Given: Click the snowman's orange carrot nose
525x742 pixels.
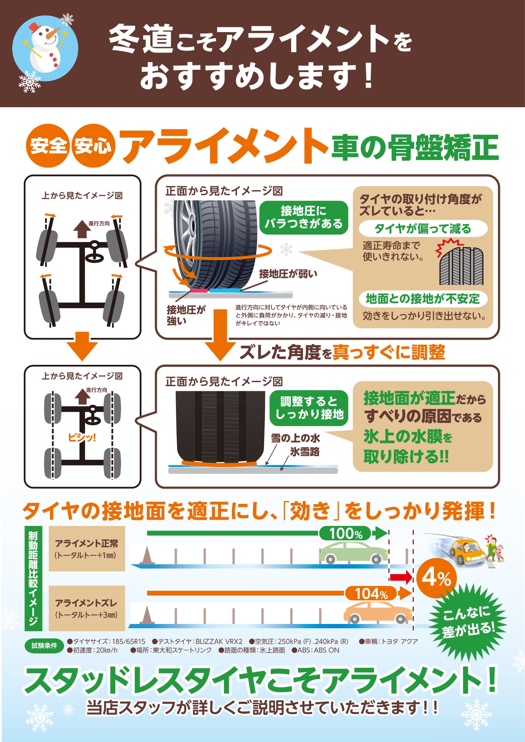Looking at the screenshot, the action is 53,33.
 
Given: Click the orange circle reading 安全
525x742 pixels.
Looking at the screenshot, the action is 48,145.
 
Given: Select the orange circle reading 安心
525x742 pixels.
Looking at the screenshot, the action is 93,145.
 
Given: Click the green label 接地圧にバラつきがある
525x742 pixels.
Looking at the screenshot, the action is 304,217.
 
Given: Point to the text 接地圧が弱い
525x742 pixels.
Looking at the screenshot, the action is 288,274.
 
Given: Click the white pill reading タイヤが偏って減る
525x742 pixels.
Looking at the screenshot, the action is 423,229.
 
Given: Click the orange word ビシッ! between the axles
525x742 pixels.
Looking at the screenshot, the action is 82,437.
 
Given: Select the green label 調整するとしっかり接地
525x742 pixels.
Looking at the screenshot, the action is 309,408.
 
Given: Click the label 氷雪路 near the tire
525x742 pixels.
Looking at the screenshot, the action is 305,451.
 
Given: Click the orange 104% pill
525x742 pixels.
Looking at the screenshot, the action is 371,593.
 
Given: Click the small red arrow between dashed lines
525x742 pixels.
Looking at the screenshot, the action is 401,577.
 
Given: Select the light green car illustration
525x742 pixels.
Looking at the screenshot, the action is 353,553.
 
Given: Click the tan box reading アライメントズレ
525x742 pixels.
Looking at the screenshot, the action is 86,608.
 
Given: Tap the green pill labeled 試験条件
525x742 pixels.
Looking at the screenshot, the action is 44,645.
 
